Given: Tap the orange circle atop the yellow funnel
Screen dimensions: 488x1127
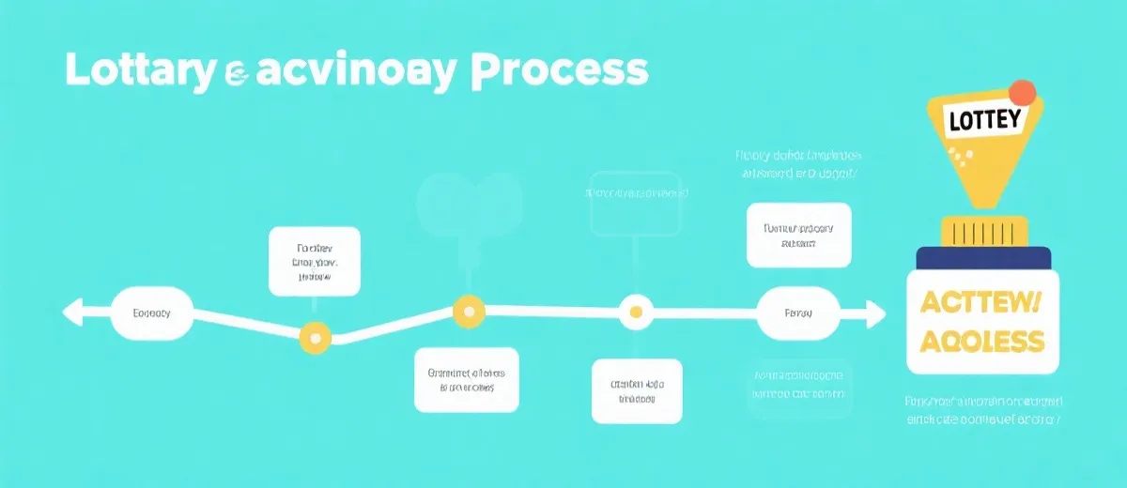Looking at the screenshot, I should pos(1022,92).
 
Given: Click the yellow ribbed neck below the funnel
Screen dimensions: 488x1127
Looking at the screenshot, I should pos(982,232).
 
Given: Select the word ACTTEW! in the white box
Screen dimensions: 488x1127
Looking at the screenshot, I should pos(982,302).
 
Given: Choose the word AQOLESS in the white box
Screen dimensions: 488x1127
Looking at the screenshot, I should pos(982,341).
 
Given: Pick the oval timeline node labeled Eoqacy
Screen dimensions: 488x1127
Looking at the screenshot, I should pos(152,313).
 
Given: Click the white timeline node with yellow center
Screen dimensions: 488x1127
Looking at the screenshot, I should pos(636,313).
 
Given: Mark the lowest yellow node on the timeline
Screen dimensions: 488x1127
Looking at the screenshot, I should pos(315,338).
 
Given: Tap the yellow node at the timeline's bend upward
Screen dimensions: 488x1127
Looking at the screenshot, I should pos(468,310).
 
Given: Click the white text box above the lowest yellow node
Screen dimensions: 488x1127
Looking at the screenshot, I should pos(314,260).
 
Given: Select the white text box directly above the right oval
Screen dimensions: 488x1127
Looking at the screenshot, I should pos(798,235).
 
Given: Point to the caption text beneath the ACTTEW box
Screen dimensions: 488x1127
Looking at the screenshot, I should pos(982,410).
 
